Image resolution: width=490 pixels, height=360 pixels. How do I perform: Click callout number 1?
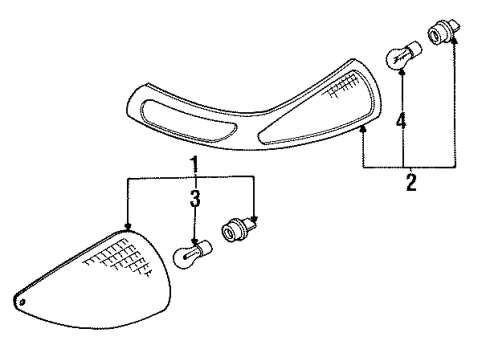[x=195, y=162]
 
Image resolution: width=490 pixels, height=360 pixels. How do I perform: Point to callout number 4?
[x=402, y=124]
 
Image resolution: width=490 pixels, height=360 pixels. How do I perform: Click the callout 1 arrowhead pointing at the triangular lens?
[x=127, y=228]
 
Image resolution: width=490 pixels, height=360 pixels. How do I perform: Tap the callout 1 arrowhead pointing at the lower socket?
[x=255, y=222]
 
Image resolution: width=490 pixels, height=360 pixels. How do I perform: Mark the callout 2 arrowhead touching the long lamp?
[x=362, y=129]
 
